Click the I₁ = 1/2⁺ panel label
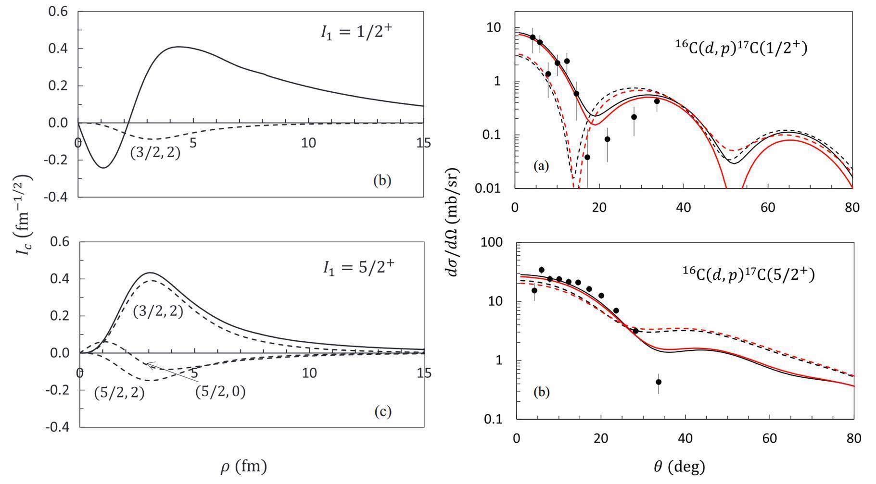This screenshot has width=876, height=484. [x=356, y=32]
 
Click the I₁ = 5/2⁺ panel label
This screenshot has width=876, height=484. [x=358, y=267]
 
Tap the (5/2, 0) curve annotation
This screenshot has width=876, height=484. [x=220, y=392]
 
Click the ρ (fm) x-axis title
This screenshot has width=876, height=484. [x=243, y=467]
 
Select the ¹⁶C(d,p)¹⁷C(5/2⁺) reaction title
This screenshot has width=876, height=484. [x=749, y=274]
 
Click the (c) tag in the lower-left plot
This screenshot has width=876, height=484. [x=382, y=412]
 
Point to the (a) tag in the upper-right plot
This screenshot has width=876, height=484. [x=541, y=166]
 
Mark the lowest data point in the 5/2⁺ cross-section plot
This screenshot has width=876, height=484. [x=659, y=382]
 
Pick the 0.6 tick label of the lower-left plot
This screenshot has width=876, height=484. [x=59, y=242]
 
